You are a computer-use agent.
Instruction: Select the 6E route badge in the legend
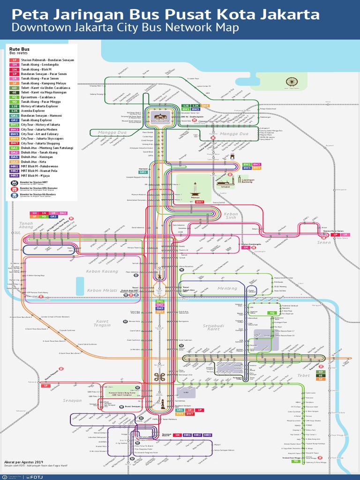pyautogui.click(x=15, y=92)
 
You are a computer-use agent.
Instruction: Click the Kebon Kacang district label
pyautogui.click(x=102, y=271)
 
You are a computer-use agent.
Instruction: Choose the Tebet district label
pyautogui.click(x=303, y=375)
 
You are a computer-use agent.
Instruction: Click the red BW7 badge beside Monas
pyautogui.click(x=200, y=202)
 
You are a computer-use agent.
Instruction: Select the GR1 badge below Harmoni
pyautogui.click(x=143, y=172)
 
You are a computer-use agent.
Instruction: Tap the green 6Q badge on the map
pyautogui.click(x=272, y=312)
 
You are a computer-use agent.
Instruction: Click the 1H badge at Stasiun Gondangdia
pyautogui.click(x=246, y=247)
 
